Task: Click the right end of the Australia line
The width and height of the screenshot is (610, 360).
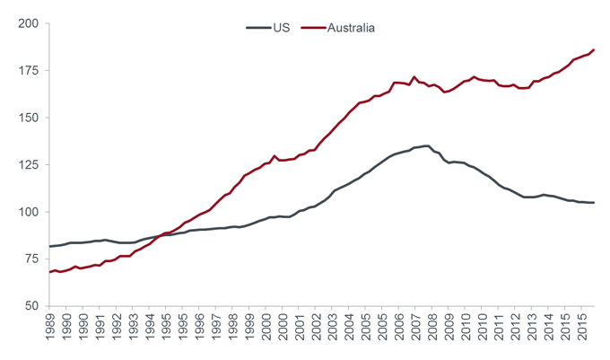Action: click(x=594, y=50)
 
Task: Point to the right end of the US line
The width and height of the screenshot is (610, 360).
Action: click(x=594, y=203)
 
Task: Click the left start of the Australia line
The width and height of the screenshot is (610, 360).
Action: click(x=49, y=272)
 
